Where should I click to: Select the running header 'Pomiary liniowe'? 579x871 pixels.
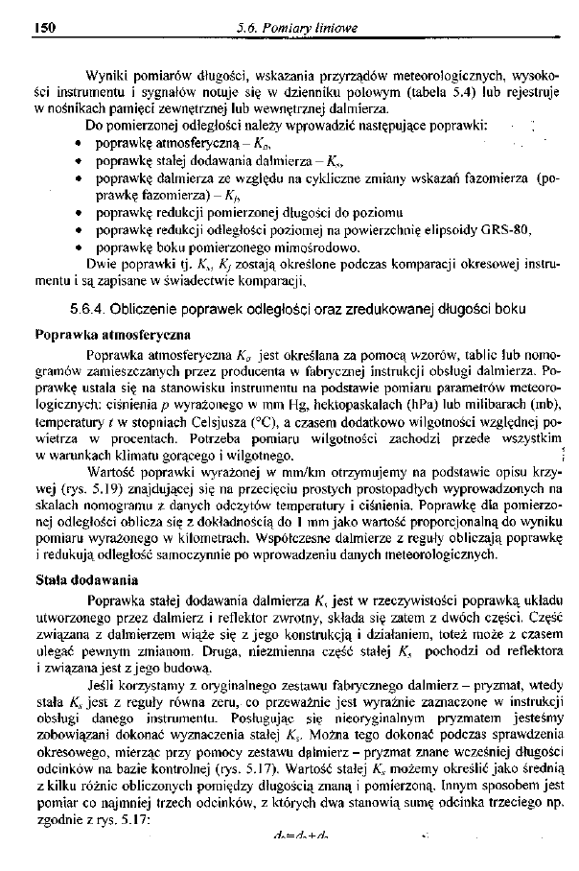point(313,29)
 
